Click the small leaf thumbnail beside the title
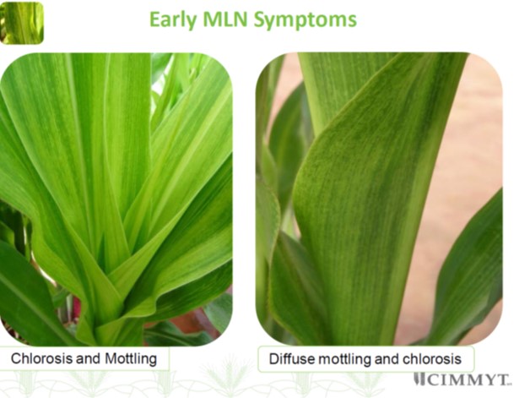[x=22, y=23]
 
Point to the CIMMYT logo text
[x=468, y=379]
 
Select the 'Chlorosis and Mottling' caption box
[x=84, y=358]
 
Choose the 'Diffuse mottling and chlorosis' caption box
[x=365, y=358]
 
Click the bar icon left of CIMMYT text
[x=419, y=379]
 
